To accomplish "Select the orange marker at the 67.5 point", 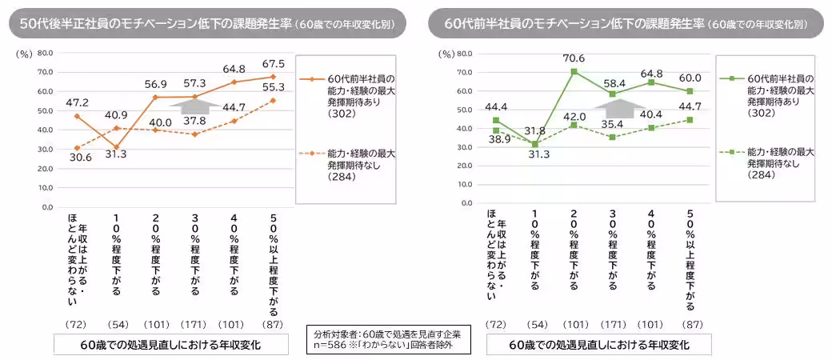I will point(274,77).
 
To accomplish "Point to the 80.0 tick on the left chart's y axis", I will point(45,53).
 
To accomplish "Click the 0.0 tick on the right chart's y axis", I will point(466,206).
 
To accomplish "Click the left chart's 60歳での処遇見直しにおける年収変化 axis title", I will point(171,346).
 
